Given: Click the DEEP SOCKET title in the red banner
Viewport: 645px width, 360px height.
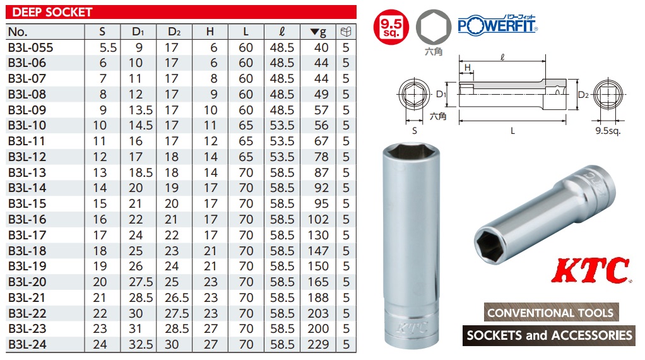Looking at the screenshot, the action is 52,12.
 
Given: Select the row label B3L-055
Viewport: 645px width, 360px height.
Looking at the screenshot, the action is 31,48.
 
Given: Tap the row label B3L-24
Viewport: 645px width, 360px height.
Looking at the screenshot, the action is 27,344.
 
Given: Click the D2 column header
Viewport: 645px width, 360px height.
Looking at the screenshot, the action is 174,32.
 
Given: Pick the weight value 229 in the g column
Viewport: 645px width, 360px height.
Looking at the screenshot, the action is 318,344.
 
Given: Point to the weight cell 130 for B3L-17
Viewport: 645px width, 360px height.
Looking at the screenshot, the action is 318,235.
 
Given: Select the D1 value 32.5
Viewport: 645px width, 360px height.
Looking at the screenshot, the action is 141,344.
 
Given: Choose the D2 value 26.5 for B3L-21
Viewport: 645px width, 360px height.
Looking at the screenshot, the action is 177,297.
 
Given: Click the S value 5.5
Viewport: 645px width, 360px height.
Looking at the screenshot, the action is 108,48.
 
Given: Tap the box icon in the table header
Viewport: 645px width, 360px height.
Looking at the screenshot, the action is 346,32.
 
